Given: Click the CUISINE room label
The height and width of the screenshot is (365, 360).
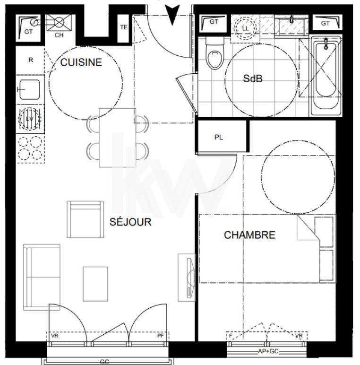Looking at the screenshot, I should tap(81, 62).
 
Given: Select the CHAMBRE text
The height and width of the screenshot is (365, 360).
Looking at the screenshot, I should tap(249, 235).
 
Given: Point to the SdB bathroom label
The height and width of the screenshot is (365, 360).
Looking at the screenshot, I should tap(252, 79).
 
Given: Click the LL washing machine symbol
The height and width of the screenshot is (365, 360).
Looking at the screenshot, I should tap(245, 27).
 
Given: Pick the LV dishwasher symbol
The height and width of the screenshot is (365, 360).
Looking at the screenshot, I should tap(29, 119).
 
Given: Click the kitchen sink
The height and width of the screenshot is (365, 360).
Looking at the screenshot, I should tap(29, 89).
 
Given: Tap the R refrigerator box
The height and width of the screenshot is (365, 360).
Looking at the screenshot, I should tap(30, 60).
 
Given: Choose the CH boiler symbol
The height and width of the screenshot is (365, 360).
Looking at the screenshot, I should tap(59, 24).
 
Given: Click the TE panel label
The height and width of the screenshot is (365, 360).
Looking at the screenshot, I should tap(124, 27).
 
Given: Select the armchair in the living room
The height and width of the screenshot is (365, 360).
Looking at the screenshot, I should tap(85, 219).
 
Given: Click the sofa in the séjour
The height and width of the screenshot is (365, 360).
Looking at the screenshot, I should tap(42, 276).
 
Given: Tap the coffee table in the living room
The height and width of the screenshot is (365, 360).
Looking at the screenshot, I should tap(95, 284).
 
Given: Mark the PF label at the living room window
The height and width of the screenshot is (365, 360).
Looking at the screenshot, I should tap(161, 336).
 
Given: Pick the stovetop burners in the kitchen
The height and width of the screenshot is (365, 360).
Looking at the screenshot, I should tap(29, 149).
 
